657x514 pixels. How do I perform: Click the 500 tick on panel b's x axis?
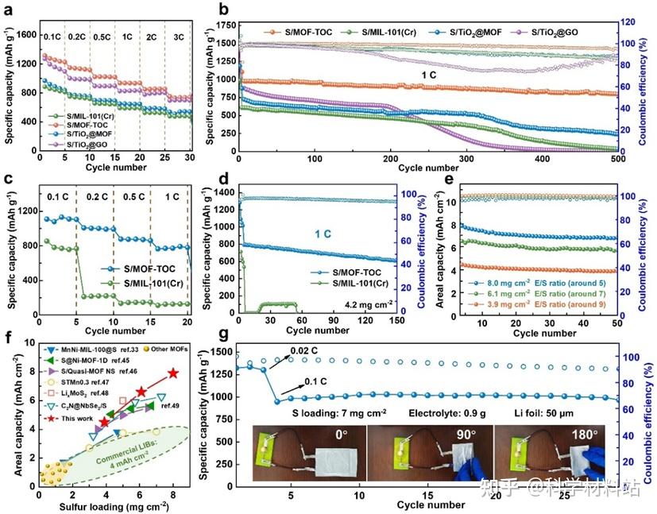tap(615, 157)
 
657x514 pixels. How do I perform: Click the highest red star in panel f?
tap(173, 373)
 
